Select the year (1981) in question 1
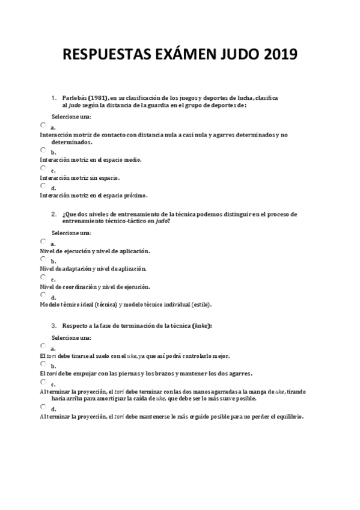[98, 97]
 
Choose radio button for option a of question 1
[43, 124]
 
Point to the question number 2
[53, 214]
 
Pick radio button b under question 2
[43, 258]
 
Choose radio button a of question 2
[43, 241]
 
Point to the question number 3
[53, 325]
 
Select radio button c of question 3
[43, 381]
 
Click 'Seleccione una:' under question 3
[71, 338]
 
